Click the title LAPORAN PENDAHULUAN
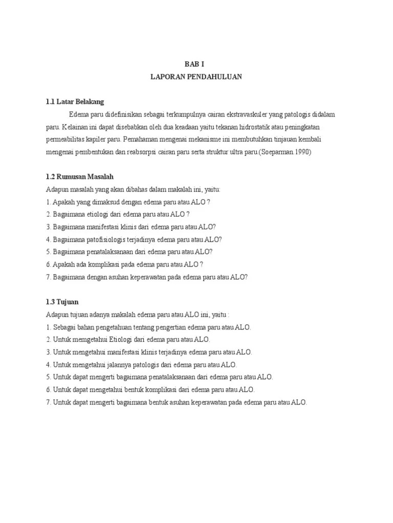point(196,77)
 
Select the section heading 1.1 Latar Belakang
point(74,102)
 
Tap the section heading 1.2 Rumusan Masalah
point(79,177)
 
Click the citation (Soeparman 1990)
point(285,152)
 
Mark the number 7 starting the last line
point(48,402)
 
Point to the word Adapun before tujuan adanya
point(56,314)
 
